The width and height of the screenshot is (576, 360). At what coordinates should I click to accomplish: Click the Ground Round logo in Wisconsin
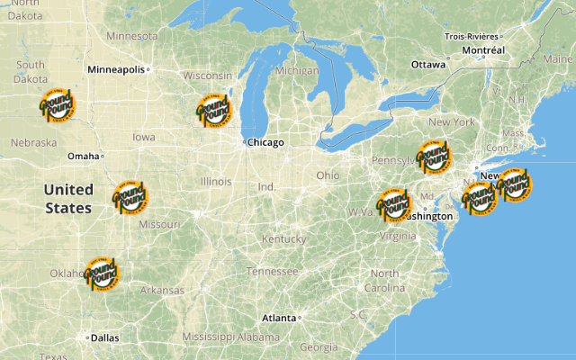click(214, 110)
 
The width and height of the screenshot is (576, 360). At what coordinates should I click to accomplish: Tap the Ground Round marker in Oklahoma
click(101, 273)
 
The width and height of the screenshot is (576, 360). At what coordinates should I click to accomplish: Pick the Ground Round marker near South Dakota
click(57, 106)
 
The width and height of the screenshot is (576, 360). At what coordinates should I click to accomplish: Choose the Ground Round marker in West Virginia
click(393, 204)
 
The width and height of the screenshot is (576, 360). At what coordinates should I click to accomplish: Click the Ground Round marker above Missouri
click(130, 196)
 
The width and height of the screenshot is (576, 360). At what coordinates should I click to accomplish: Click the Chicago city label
click(265, 142)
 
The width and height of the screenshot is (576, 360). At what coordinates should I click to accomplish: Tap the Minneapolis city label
click(115, 69)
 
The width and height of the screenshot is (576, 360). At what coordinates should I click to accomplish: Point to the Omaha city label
click(83, 156)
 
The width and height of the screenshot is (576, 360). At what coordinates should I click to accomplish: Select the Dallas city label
click(104, 338)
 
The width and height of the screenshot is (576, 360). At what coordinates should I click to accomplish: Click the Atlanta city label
click(279, 318)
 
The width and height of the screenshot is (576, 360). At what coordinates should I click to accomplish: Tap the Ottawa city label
click(428, 65)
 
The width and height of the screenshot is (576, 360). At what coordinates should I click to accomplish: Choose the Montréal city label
click(483, 50)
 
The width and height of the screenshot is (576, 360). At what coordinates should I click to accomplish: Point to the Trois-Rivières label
click(472, 36)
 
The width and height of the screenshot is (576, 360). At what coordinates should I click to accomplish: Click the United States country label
click(68, 198)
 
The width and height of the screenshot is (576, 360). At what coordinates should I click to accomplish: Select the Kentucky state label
click(284, 239)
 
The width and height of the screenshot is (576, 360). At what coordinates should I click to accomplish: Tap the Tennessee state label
click(272, 271)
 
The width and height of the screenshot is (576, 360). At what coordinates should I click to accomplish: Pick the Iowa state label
click(143, 138)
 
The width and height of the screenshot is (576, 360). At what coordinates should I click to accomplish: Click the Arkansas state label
click(162, 291)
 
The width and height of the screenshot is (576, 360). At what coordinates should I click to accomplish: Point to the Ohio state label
click(328, 175)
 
